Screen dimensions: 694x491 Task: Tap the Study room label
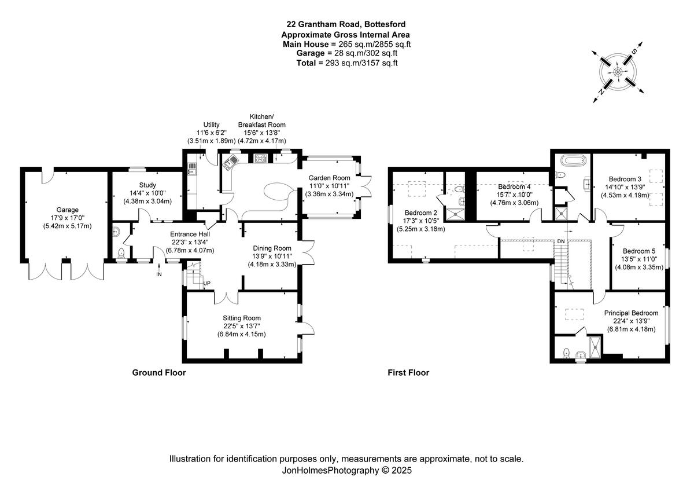click(148, 185)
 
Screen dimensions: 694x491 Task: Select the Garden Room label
click(329, 178)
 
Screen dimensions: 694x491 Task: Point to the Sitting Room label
click(242, 318)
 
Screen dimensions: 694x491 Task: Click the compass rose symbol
click(618, 72)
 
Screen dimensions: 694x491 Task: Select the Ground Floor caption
click(159, 373)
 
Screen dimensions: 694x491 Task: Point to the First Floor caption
click(408, 373)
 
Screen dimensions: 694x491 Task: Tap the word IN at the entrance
click(159, 274)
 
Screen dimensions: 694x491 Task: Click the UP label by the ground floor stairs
click(206, 283)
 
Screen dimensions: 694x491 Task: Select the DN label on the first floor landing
click(560, 241)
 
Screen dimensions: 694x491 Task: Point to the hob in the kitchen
click(259, 157)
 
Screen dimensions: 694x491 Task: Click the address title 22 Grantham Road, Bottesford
click(346, 24)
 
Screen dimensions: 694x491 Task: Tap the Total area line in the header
click(346, 63)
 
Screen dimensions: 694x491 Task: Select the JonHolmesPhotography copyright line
click(346, 471)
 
